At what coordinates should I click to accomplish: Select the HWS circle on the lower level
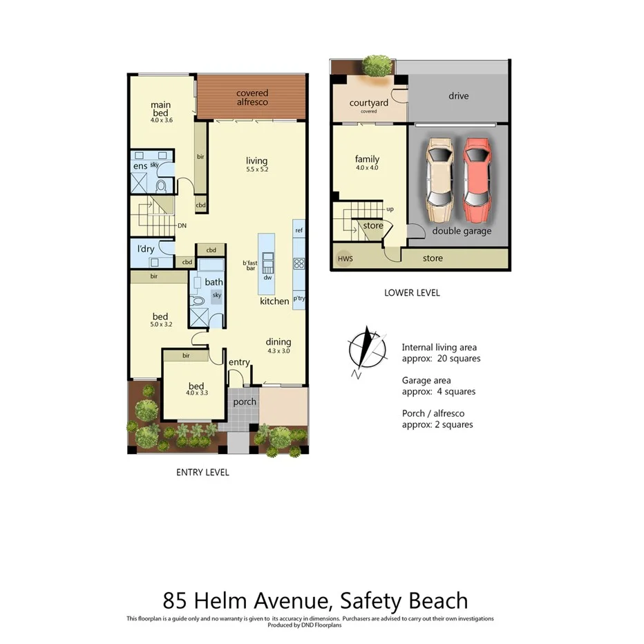pyautogui.click(x=343, y=258)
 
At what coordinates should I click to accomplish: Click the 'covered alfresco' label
pyautogui.click(x=252, y=97)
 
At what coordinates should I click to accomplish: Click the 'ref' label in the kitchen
pyautogui.click(x=299, y=230)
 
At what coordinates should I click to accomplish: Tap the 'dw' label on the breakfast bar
pyautogui.click(x=267, y=278)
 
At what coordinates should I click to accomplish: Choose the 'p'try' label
pyautogui.click(x=299, y=299)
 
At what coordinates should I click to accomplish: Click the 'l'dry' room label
pyautogui.click(x=146, y=249)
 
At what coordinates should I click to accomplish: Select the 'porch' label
pyautogui.click(x=245, y=401)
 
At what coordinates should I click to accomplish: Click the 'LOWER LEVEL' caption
pyautogui.click(x=412, y=293)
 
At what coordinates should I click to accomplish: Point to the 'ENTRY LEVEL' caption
pyautogui.click(x=202, y=473)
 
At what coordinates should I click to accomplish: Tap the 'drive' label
pyautogui.click(x=458, y=96)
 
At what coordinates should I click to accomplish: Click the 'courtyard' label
pyautogui.click(x=368, y=103)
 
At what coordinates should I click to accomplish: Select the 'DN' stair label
pyautogui.click(x=182, y=225)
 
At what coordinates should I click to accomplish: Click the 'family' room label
pyautogui.click(x=367, y=159)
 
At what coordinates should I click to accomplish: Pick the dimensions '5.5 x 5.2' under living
pyautogui.click(x=256, y=169)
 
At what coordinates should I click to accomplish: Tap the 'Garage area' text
pyautogui.click(x=426, y=380)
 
